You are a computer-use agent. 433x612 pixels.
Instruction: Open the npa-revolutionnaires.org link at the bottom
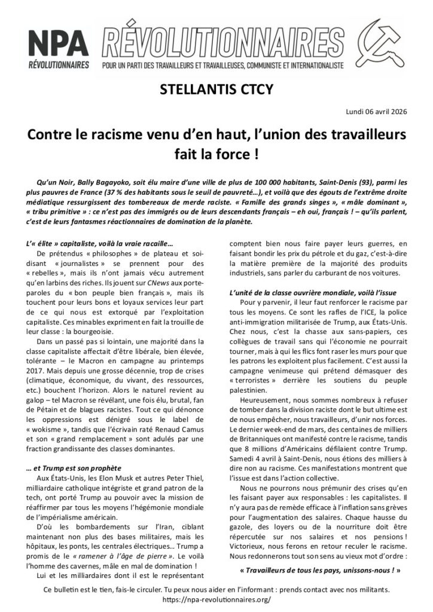(x=216, y=598)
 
